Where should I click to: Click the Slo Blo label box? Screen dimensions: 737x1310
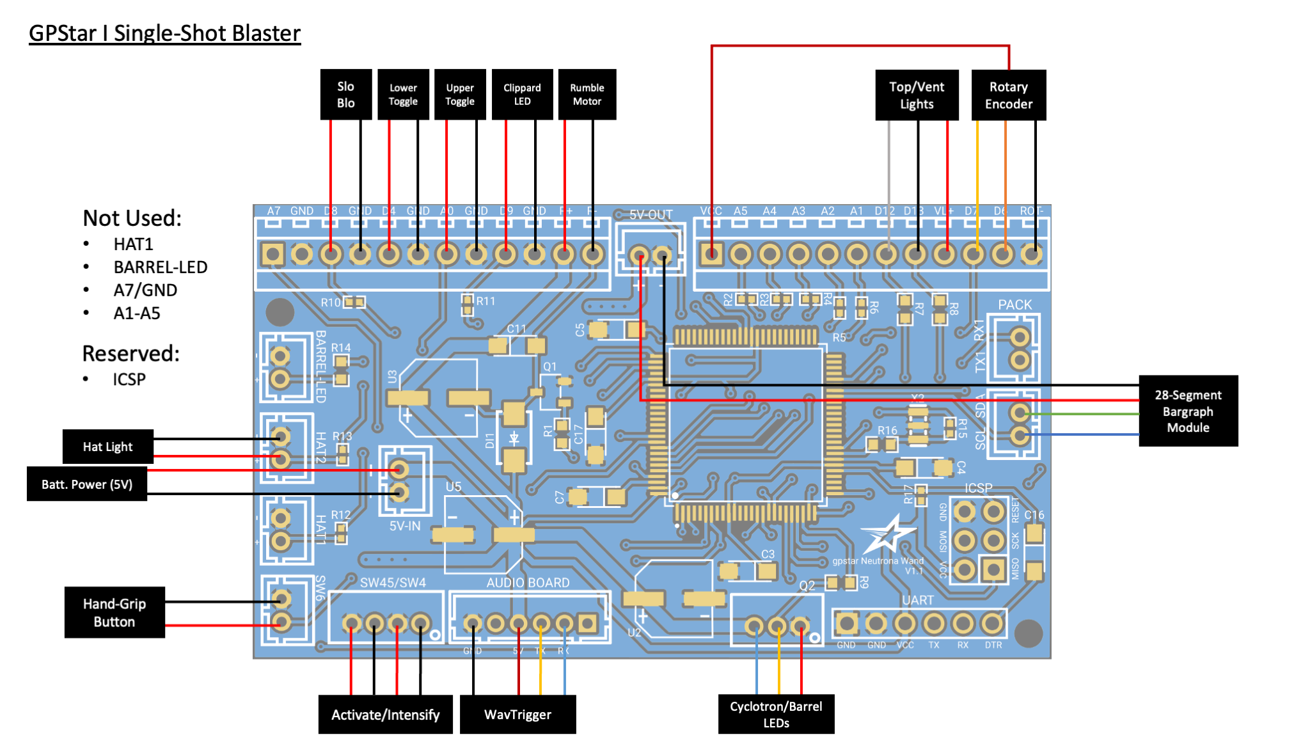tap(345, 94)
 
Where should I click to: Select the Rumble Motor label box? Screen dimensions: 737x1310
tap(587, 94)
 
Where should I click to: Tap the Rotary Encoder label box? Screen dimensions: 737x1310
tap(1008, 95)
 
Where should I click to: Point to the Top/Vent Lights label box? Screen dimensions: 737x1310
tap(916, 95)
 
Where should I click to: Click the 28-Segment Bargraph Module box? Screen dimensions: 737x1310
tap(1188, 411)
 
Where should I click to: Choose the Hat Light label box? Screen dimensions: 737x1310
tap(107, 447)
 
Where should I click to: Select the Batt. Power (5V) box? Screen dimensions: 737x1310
tap(87, 484)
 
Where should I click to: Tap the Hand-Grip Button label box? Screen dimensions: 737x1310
tap(114, 612)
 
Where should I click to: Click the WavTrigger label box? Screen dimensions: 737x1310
tap(517, 714)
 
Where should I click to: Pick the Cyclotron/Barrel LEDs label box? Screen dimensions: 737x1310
tap(776, 714)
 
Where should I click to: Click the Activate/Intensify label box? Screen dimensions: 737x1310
tap(385, 714)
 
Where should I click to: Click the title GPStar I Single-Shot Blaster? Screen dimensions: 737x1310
tap(164, 33)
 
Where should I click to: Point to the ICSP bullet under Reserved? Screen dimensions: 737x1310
tap(129, 379)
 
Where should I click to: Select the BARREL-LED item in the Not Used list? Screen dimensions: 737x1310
tap(160, 267)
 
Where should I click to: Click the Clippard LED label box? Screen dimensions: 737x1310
tap(522, 94)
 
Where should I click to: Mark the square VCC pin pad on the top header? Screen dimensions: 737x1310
tap(711, 254)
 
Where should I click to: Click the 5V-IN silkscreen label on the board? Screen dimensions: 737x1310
tap(405, 526)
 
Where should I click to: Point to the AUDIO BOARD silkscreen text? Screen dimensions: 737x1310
tap(528, 582)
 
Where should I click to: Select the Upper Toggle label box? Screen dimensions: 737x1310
tap(460, 94)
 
